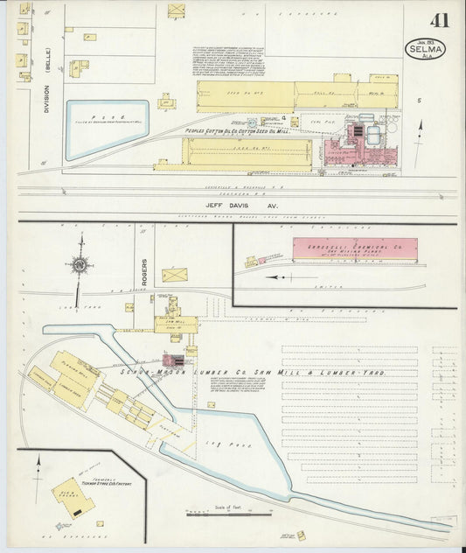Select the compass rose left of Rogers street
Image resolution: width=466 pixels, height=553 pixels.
(80, 264)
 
